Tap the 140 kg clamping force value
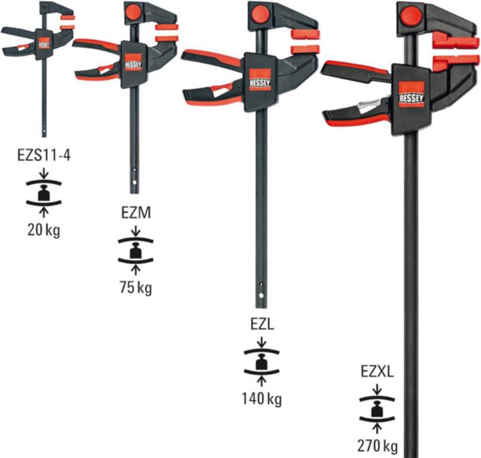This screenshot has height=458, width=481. pos(261,399)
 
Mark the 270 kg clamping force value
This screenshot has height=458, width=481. pos(377,445)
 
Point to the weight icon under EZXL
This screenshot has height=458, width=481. pos(377,409)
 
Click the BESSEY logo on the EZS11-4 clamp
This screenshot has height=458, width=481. pos(44,41)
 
